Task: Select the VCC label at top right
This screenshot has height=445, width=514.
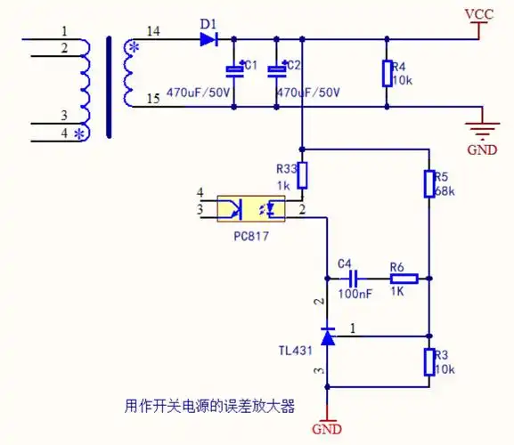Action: coord(479,15)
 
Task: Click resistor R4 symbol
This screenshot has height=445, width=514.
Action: coord(387,73)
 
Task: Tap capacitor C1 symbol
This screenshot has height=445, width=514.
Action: coord(233,70)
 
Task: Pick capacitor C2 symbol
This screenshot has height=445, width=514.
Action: coord(277,70)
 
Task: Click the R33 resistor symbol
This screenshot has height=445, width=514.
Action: coord(303,174)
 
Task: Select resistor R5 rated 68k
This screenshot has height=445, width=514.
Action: coord(429,183)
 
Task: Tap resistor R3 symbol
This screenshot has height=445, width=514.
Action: coord(429,361)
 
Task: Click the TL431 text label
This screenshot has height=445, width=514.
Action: coord(295,351)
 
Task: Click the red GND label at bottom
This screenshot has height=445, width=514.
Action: coord(327,429)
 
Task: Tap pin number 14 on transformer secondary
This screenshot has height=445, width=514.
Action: coord(154,31)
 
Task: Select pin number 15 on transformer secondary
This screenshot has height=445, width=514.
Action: coord(154,99)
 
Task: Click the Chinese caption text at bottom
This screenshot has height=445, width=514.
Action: coord(209,406)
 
